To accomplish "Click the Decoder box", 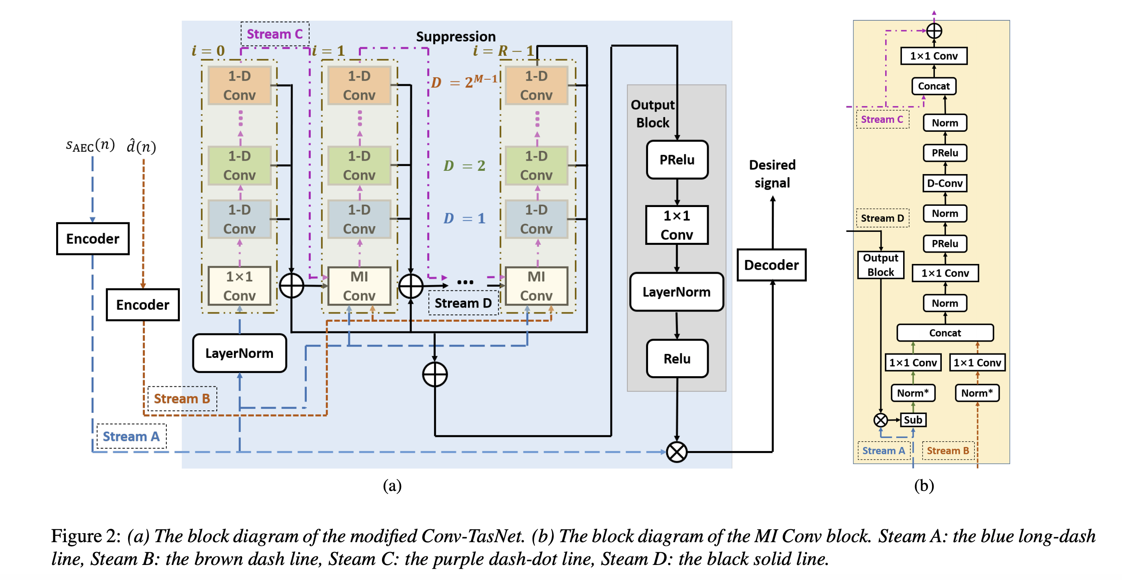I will coord(771,265).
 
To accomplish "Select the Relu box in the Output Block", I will coord(677,358).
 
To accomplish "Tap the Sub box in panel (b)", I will coord(912,420).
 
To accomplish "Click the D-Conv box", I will coord(944,183).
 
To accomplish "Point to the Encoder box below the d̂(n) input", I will coord(142,305).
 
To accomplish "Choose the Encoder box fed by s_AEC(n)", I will coord(93,239).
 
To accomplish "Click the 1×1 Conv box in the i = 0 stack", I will coord(239,286).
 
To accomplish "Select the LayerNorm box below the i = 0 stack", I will coord(239,353).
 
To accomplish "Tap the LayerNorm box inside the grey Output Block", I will coord(677,292).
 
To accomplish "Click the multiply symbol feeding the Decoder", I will coord(677,452).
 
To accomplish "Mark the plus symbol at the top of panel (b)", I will coord(934,31).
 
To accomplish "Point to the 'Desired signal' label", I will coord(772,174).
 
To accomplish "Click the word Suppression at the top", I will coord(456,36).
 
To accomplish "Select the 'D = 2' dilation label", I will coord(464,166).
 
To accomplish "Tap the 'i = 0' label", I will coord(208,50).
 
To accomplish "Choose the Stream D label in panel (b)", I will coord(882,218).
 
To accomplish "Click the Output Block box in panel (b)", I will coord(880,265).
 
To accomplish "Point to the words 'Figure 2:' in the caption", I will coord(86,536).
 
